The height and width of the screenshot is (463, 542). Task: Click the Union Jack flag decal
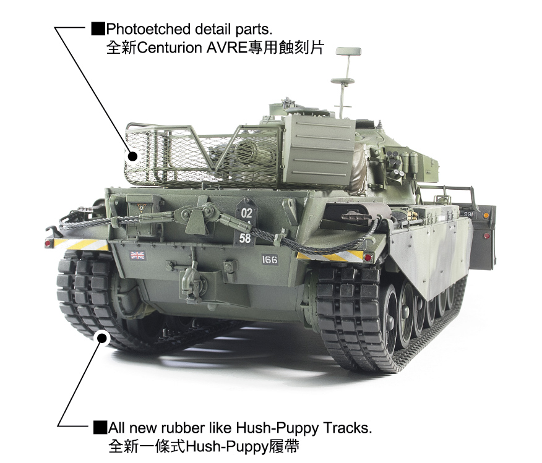pos(137,255)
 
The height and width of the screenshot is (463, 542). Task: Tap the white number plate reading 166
pos(270,260)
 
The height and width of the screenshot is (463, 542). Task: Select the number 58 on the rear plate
pos(245,238)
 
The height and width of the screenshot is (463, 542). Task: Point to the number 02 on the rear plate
pos(246,213)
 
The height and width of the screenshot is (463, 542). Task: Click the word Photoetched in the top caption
pos(148,30)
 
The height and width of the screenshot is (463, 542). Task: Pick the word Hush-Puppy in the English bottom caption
pos(277,428)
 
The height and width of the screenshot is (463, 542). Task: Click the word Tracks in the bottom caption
pos(348,428)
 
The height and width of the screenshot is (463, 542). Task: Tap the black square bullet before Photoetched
pos(98,29)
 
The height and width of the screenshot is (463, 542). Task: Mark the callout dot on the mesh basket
pos(132,156)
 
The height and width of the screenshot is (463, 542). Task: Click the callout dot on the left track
pos(102,338)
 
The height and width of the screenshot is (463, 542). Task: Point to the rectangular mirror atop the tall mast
pos(348,51)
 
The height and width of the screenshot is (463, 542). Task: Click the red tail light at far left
pos(48,244)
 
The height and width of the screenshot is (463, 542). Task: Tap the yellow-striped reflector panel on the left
pos(81,244)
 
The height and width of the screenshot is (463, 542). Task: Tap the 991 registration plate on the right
pos(468,214)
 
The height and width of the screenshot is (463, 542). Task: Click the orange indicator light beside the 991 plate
pos(486,216)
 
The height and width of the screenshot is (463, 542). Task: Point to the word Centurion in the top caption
pos(170,48)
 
